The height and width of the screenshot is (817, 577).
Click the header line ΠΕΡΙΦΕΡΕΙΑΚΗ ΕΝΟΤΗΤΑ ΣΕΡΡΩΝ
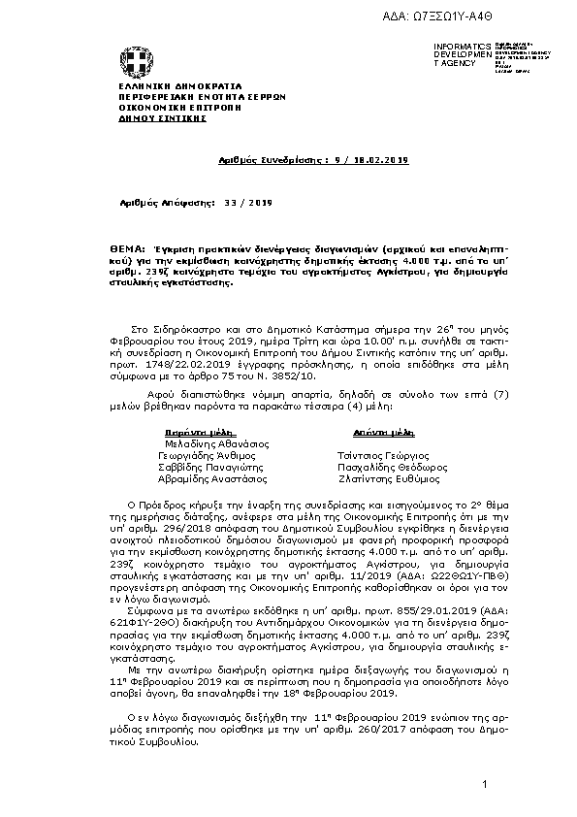click(x=175, y=97)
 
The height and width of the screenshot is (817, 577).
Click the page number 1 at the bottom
click(x=483, y=783)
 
